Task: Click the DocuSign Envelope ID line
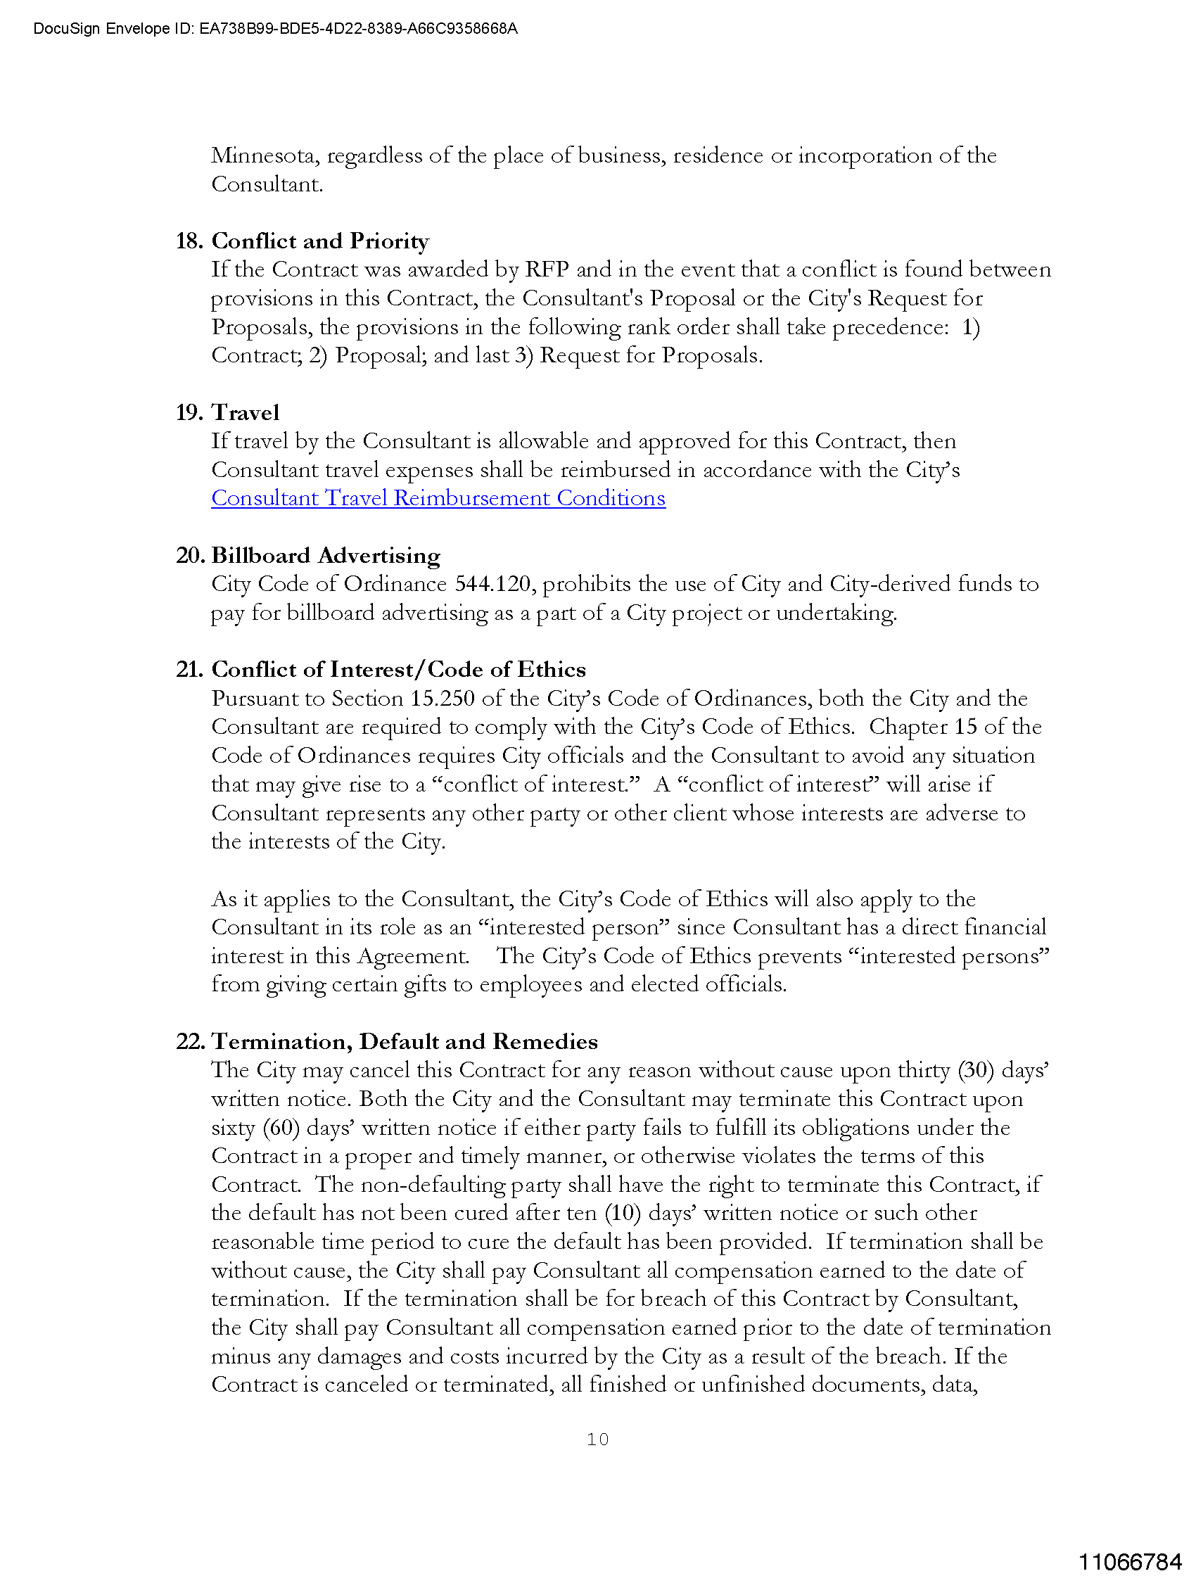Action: (x=276, y=30)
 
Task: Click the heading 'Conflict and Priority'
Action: (x=320, y=241)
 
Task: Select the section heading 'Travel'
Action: (x=246, y=413)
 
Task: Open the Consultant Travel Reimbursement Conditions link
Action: (x=438, y=498)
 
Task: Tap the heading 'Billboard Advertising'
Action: (x=326, y=555)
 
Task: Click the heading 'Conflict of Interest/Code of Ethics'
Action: (x=399, y=670)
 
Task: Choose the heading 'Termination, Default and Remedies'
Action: (x=405, y=1041)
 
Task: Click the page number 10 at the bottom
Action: (x=597, y=1439)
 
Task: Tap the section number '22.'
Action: (x=191, y=1041)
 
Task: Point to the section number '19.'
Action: (x=190, y=413)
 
